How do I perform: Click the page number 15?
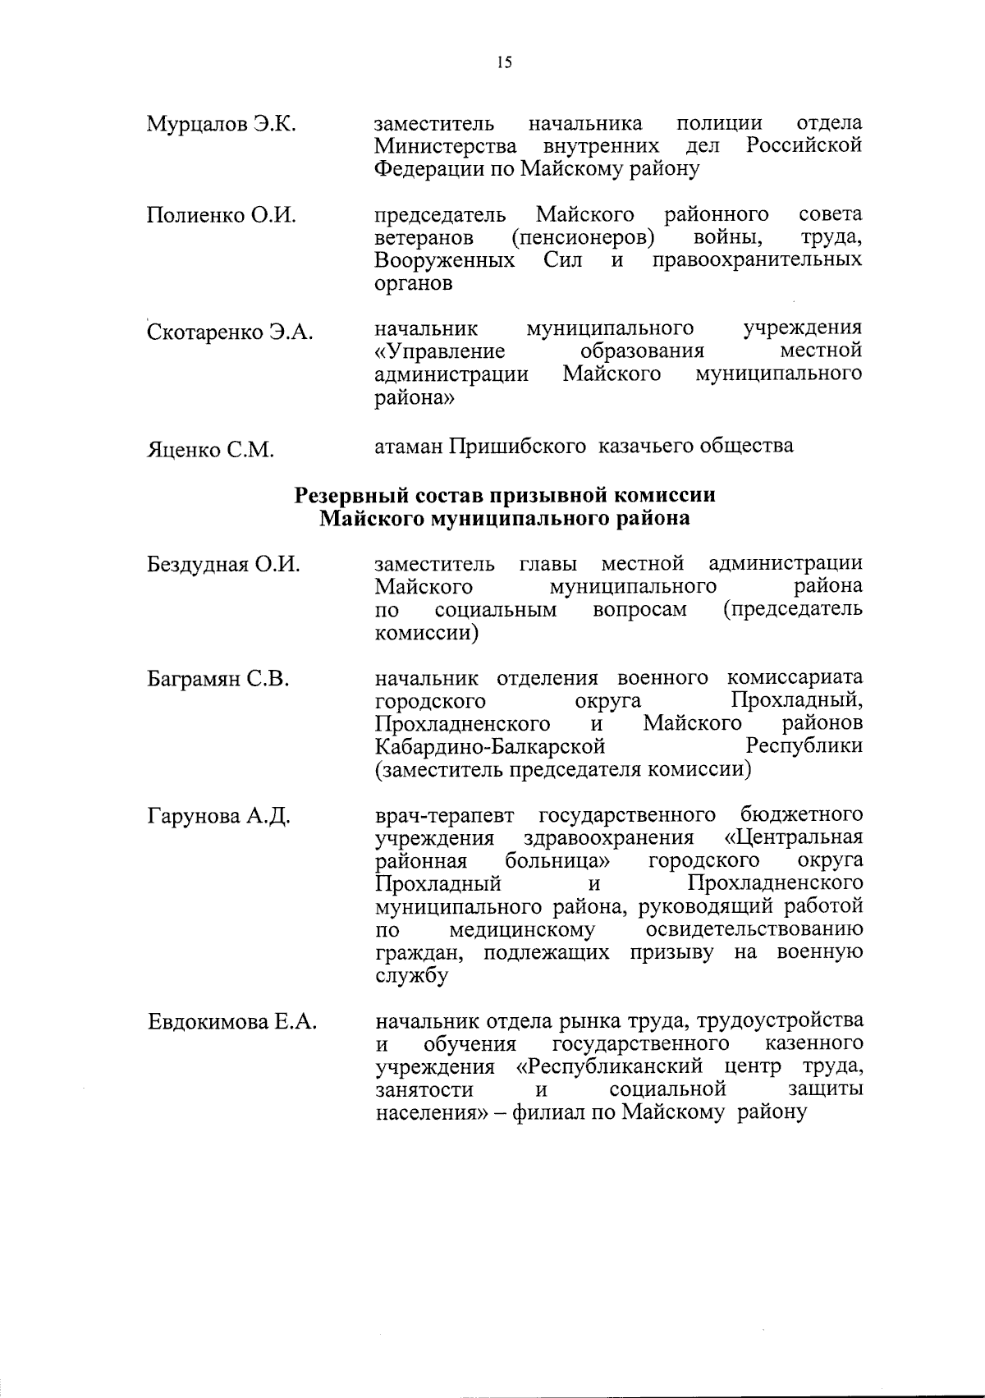point(504,62)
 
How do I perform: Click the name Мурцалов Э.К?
point(221,125)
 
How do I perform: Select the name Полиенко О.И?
point(221,216)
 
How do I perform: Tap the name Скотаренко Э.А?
point(230,332)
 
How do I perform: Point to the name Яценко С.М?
point(210,450)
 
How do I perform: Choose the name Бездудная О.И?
point(223,565)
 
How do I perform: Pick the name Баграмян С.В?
point(218,680)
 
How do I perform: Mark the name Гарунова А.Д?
point(219,816)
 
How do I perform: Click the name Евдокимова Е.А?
point(232,1023)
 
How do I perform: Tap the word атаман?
point(407,447)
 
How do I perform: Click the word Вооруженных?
point(445,261)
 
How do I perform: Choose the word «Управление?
point(439,352)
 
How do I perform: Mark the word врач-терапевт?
point(445,815)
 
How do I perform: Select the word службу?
point(411,977)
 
